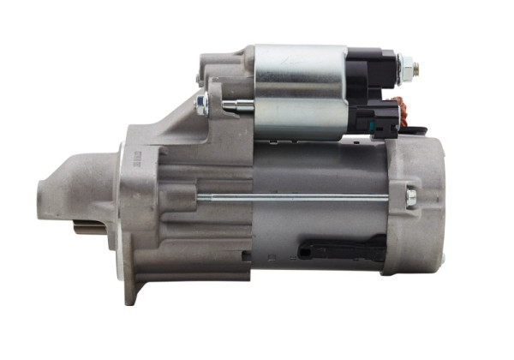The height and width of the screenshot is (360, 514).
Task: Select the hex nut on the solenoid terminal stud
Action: click(x=405, y=66)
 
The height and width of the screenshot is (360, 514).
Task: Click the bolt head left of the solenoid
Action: click(x=202, y=105)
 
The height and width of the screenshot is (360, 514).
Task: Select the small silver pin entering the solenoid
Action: click(x=238, y=106)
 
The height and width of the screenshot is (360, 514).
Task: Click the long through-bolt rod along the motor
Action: click(x=291, y=198)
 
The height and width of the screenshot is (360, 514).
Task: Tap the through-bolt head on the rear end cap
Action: click(x=411, y=198)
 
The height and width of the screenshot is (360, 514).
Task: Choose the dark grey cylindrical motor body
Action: click(x=317, y=223)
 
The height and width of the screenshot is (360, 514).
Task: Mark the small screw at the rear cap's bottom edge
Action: click(x=443, y=258)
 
